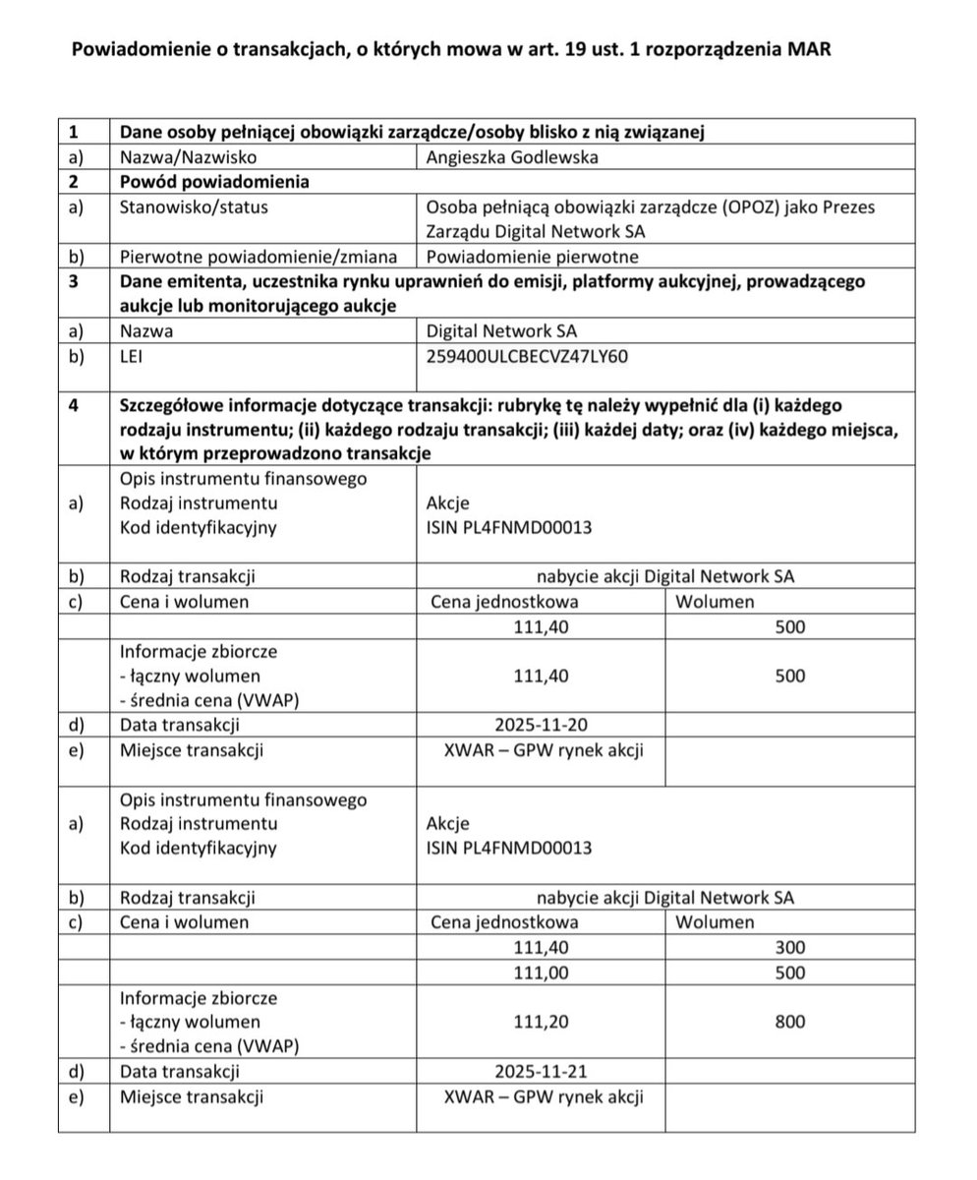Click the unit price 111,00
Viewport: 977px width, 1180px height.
(541, 973)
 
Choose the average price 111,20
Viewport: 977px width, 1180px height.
(541, 1022)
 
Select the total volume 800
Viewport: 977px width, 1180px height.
(789, 1022)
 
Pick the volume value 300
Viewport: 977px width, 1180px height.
(789, 948)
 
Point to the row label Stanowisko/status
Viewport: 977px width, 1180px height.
(194, 207)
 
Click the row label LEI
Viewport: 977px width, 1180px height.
(131, 356)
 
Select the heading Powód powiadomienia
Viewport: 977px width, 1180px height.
(214, 182)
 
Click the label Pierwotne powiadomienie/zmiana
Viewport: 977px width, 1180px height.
(259, 257)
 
